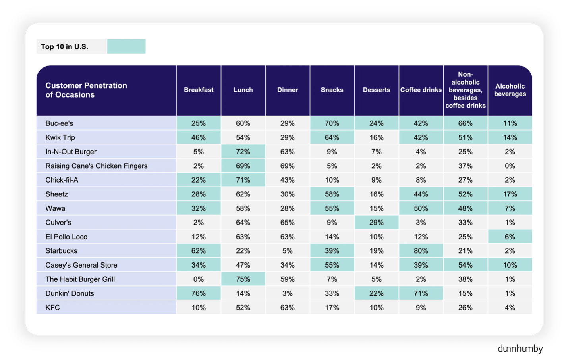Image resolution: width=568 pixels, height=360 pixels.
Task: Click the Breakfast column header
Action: pyautogui.click(x=199, y=90)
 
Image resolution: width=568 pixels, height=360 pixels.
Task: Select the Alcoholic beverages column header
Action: pyautogui.click(x=510, y=90)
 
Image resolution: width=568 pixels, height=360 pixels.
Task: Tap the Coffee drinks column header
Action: pyautogui.click(x=421, y=90)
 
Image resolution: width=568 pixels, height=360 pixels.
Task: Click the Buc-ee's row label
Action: pyautogui.click(x=59, y=123)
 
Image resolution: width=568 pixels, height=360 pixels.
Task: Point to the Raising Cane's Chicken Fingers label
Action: pyautogui.click(x=96, y=166)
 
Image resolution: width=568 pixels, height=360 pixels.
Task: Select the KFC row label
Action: pyautogui.click(x=52, y=308)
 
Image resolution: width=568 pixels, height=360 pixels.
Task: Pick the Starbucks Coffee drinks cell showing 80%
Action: pyautogui.click(x=421, y=251)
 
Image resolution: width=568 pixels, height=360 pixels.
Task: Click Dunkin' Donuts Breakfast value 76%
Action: pyautogui.click(x=199, y=293)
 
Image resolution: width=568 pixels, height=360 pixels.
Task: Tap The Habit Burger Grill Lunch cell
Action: pyautogui.click(x=243, y=279)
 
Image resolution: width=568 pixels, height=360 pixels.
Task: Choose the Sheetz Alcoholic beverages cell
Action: pyautogui.click(x=510, y=194)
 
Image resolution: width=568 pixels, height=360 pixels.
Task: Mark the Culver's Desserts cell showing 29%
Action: pyautogui.click(x=377, y=223)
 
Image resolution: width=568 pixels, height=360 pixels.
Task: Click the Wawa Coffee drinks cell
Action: pyautogui.click(x=421, y=208)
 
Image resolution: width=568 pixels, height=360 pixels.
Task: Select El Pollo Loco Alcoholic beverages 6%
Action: pyautogui.click(x=510, y=237)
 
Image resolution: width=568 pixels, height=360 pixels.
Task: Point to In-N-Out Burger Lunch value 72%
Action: pyautogui.click(x=243, y=152)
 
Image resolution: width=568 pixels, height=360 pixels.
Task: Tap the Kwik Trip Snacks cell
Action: pyautogui.click(x=332, y=137)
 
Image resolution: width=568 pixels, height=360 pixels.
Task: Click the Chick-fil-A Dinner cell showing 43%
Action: pyautogui.click(x=288, y=180)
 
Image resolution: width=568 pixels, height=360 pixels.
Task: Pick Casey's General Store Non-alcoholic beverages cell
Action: pyautogui.click(x=466, y=265)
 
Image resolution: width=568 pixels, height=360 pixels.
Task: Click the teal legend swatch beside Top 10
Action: pyautogui.click(x=126, y=46)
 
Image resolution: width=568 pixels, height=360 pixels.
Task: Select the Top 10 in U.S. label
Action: pyautogui.click(x=64, y=47)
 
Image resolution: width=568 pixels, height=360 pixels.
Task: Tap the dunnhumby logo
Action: pyautogui.click(x=520, y=349)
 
